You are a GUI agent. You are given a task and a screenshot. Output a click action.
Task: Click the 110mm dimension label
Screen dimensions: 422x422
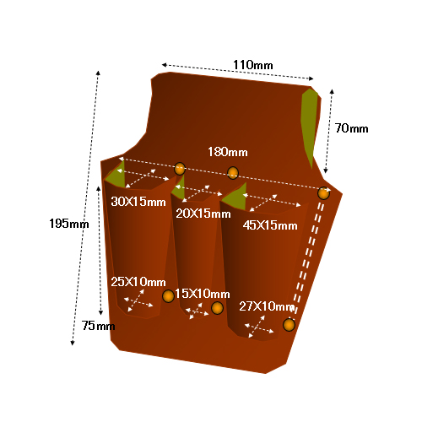253,65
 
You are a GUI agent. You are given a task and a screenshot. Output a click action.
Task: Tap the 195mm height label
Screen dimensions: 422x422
69,224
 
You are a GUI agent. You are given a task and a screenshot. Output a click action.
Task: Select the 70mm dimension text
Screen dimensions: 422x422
351,128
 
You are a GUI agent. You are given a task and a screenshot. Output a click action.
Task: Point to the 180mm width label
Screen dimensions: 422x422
228,152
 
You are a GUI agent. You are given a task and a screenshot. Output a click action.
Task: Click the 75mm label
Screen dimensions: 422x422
98,326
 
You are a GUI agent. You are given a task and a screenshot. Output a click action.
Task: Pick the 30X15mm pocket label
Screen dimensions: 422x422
138,202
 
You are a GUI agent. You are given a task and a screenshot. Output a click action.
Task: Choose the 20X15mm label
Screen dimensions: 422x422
203,214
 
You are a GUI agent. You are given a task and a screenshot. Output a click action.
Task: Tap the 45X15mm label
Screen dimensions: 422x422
270,225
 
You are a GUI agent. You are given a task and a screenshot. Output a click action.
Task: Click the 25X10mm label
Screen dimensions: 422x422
138,282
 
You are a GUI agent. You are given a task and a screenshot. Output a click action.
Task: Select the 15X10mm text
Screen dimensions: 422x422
203,294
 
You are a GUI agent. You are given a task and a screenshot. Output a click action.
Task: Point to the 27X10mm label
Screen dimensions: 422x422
267,306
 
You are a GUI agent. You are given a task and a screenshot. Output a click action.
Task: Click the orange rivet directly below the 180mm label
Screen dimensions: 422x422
233,173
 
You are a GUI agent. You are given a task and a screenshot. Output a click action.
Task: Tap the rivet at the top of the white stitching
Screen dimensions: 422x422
323,193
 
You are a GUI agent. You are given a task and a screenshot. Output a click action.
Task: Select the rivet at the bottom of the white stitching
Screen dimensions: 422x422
289,325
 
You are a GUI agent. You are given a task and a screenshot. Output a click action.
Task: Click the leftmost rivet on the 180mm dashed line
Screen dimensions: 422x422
180,169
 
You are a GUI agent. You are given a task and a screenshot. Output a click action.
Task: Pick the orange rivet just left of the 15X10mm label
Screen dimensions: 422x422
168,296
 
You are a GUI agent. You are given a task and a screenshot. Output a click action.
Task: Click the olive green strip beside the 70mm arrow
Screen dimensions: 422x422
309,124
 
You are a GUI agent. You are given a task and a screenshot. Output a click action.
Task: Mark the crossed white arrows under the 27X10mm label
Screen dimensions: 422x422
258,327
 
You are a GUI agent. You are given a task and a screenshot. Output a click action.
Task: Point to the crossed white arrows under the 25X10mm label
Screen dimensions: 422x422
138,300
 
